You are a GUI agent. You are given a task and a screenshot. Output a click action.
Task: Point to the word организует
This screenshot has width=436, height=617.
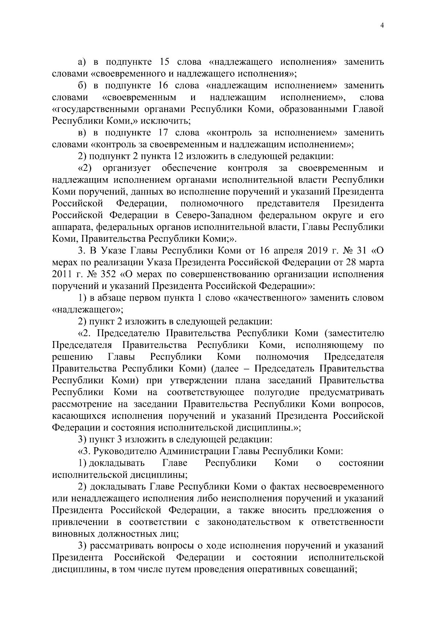pyautogui.click(x=127, y=168)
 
